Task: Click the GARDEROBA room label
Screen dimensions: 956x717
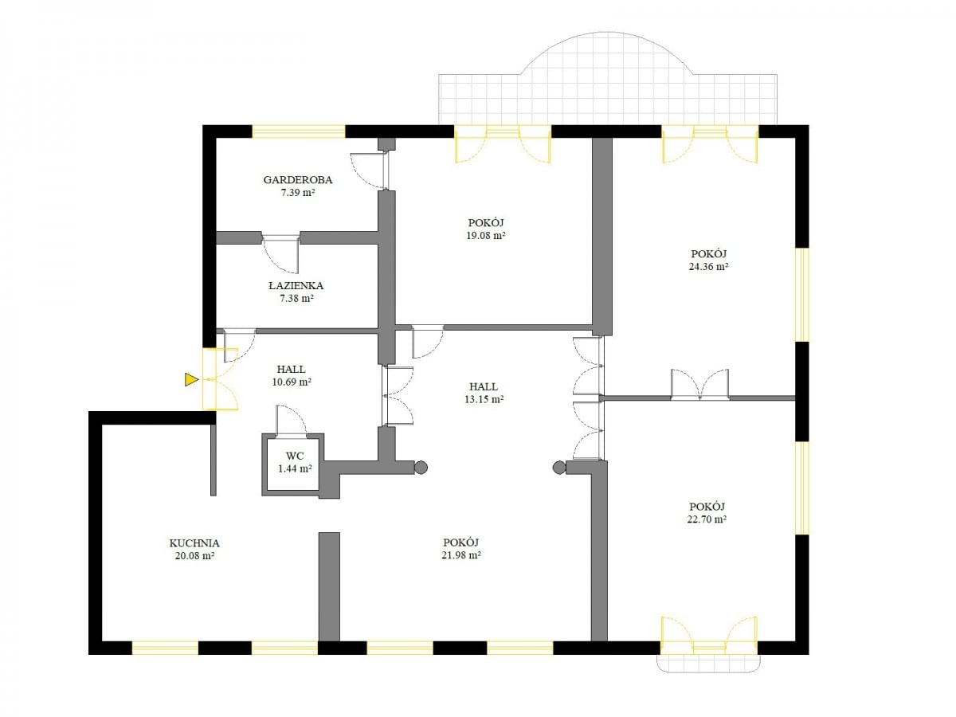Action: click(297, 179)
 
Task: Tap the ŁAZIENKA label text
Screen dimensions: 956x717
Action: click(296, 285)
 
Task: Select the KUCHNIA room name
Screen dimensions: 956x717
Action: click(194, 543)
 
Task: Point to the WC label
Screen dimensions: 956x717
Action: click(295, 456)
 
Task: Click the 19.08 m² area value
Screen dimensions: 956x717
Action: click(486, 236)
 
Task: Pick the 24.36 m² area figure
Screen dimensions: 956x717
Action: click(708, 266)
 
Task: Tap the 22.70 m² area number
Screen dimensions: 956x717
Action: click(707, 519)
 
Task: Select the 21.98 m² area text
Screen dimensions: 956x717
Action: click(461, 555)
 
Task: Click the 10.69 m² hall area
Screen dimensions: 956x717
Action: click(292, 382)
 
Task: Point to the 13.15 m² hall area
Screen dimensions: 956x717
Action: click(484, 399)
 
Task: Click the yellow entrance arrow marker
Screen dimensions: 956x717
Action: click(190, 379)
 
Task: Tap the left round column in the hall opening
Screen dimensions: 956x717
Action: click(421, 468)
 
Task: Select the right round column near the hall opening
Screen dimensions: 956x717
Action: click(559, 468)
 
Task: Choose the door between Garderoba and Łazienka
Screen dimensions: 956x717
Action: click(281, 255)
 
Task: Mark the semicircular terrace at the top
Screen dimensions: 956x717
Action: click(608, 78)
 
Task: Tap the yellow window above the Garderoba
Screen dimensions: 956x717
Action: click(298, 131)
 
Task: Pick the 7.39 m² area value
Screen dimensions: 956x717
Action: click(297, 193)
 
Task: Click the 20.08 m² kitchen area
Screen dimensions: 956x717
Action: click(194, 555)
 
